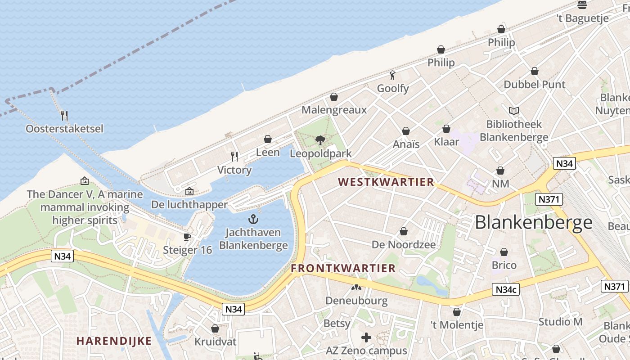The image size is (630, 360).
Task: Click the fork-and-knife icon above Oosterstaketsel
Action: [64, 116]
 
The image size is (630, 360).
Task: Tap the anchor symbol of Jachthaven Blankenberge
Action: [253, 220]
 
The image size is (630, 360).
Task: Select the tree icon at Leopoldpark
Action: [320, 140]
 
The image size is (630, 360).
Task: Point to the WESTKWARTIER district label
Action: [386, 182]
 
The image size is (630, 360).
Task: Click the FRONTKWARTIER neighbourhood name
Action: [343, 269]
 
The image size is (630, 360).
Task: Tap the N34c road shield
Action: [506, 290]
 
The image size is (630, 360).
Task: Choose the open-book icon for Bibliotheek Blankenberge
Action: [513, 111]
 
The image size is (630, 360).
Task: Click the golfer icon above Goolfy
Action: [392, 75]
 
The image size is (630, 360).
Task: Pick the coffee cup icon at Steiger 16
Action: [187, 237]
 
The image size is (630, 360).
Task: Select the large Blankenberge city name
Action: [534, 222]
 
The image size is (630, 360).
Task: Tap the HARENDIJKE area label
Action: [114, 341]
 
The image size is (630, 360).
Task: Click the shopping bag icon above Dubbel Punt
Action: [535, 71]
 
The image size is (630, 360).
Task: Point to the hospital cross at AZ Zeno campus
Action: [366, 337]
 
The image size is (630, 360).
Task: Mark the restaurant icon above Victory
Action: [234, 157]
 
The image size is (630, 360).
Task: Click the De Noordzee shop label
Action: [404, 245]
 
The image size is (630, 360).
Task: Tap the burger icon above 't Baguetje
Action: [582, 5]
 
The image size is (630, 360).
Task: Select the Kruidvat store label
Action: [215, 342]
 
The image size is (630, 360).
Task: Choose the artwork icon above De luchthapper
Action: [189, 191]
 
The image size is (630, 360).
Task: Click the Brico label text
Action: [504, 265]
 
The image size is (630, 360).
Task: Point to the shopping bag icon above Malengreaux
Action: [334, 97]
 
